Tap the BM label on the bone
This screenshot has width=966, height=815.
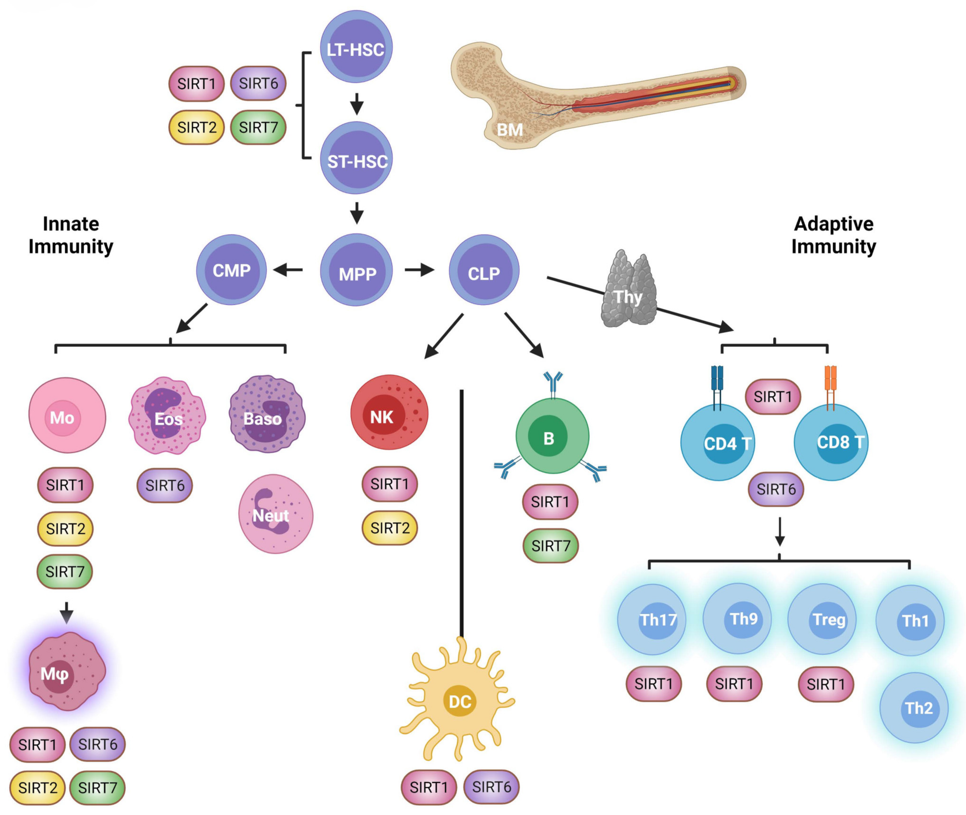[510, 130]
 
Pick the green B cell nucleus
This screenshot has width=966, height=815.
[548, 437]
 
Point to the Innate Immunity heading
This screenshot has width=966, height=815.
[71, 235]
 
